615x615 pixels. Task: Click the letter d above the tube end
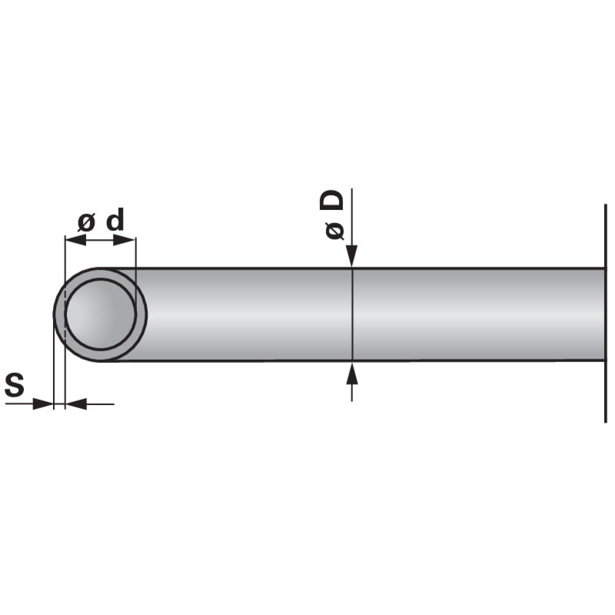click(x=115, y=221)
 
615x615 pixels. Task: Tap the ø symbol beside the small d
click(x=87, y=223)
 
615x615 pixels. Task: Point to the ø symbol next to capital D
click(x=334, y=229)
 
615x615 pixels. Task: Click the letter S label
click(x=15, y=384)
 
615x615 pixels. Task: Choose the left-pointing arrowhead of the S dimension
click(x=76, y=404)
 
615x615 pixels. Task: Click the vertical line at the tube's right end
click(x=606, y=400)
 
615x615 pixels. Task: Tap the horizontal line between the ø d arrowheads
click(x=100, y=240)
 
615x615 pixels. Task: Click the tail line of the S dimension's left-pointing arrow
click(x=100, y=404)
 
